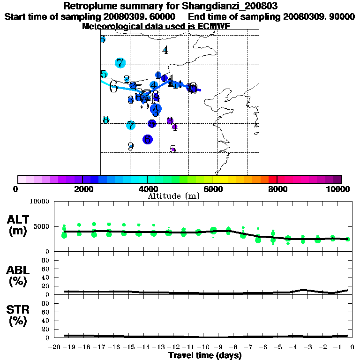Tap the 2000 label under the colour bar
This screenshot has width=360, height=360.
[x=82, y=189]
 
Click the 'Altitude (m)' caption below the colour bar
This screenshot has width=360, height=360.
[x=173, y=196]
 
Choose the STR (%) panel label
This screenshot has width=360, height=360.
[x=19, y=315]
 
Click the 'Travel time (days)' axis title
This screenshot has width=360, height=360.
[x=205, y=355]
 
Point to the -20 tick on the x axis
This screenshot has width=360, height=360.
[x=54, y=347]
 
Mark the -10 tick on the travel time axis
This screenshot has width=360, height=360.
[x=203, y=347]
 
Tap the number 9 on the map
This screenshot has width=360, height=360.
[x=131, y=146]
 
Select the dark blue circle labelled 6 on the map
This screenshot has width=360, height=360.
[x=148, y=139]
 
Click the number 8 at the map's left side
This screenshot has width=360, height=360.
[x=106, y=120]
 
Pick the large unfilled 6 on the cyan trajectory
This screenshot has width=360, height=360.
[x=113, y=87]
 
